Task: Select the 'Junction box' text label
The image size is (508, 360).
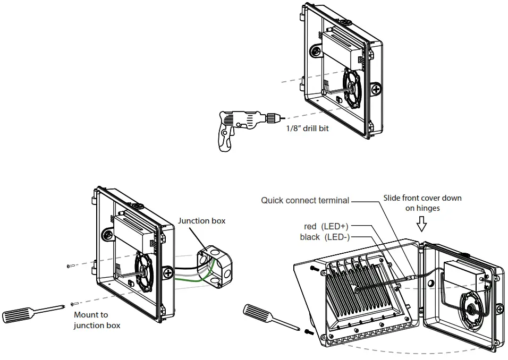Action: coord(201,221)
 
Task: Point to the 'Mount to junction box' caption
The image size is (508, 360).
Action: coord(97,320)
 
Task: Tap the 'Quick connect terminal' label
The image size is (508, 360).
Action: coord(305,200)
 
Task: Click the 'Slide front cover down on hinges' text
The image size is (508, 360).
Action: coord(422,203)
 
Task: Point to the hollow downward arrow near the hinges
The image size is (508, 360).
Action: coord(422,225)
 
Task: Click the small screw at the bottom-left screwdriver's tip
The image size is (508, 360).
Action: coord(74,304)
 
